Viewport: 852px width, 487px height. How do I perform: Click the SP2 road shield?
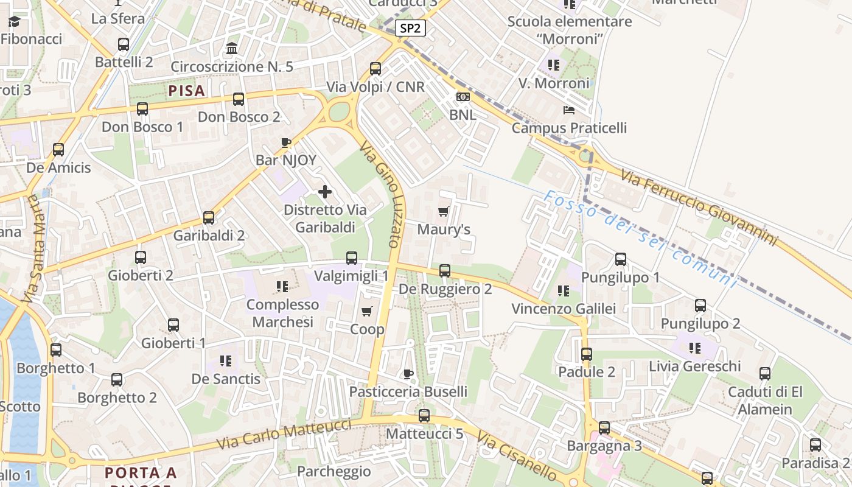(410, 28)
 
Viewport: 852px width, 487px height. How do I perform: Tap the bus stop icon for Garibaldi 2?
(209, 218)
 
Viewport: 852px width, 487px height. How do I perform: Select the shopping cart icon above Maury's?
(444, 212)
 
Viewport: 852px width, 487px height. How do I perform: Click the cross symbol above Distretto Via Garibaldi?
(325, 192)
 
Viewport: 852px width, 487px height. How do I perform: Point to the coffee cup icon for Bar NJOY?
(285, 143)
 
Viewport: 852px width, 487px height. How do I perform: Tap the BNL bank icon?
(463, 97)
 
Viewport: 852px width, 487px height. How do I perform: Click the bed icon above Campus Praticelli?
(569, 110)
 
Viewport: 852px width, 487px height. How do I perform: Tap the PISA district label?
(186, 91)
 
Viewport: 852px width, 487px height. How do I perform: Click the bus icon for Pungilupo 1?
(621, 259)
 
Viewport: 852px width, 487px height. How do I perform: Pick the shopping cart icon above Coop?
(366, 312)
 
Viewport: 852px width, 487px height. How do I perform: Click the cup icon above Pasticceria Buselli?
(408, 374)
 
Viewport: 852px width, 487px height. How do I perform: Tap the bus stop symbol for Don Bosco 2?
(239, 99)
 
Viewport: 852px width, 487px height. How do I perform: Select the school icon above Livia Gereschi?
(694, 348)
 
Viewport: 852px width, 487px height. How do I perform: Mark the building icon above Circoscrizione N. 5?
(232, 48)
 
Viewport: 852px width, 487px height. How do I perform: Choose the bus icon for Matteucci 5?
(424, 416)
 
